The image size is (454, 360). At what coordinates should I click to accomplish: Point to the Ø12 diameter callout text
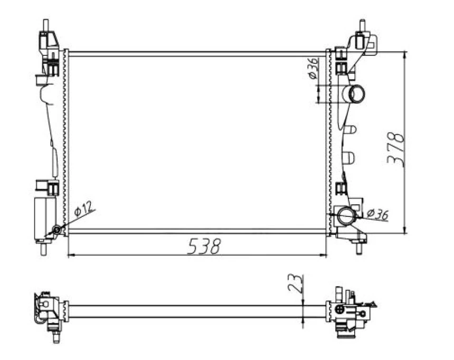pyautogui.click(x=84, y=210)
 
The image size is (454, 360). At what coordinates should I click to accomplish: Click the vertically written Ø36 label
pyautogui.click(x=313, y=69)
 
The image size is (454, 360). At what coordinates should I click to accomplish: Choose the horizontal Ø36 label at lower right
pyautogui.click(x=377, y=214)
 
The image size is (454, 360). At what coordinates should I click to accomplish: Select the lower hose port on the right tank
pyautogui.click(x=347, y=215)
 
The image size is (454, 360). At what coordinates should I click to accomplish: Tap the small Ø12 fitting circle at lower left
pyautogui.click(x=56, y=230)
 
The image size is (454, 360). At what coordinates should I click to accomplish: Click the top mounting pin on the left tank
pyautogui.click(x=46, y=25)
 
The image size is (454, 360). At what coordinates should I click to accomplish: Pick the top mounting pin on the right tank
pyautogui.click(x=362, y=25)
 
